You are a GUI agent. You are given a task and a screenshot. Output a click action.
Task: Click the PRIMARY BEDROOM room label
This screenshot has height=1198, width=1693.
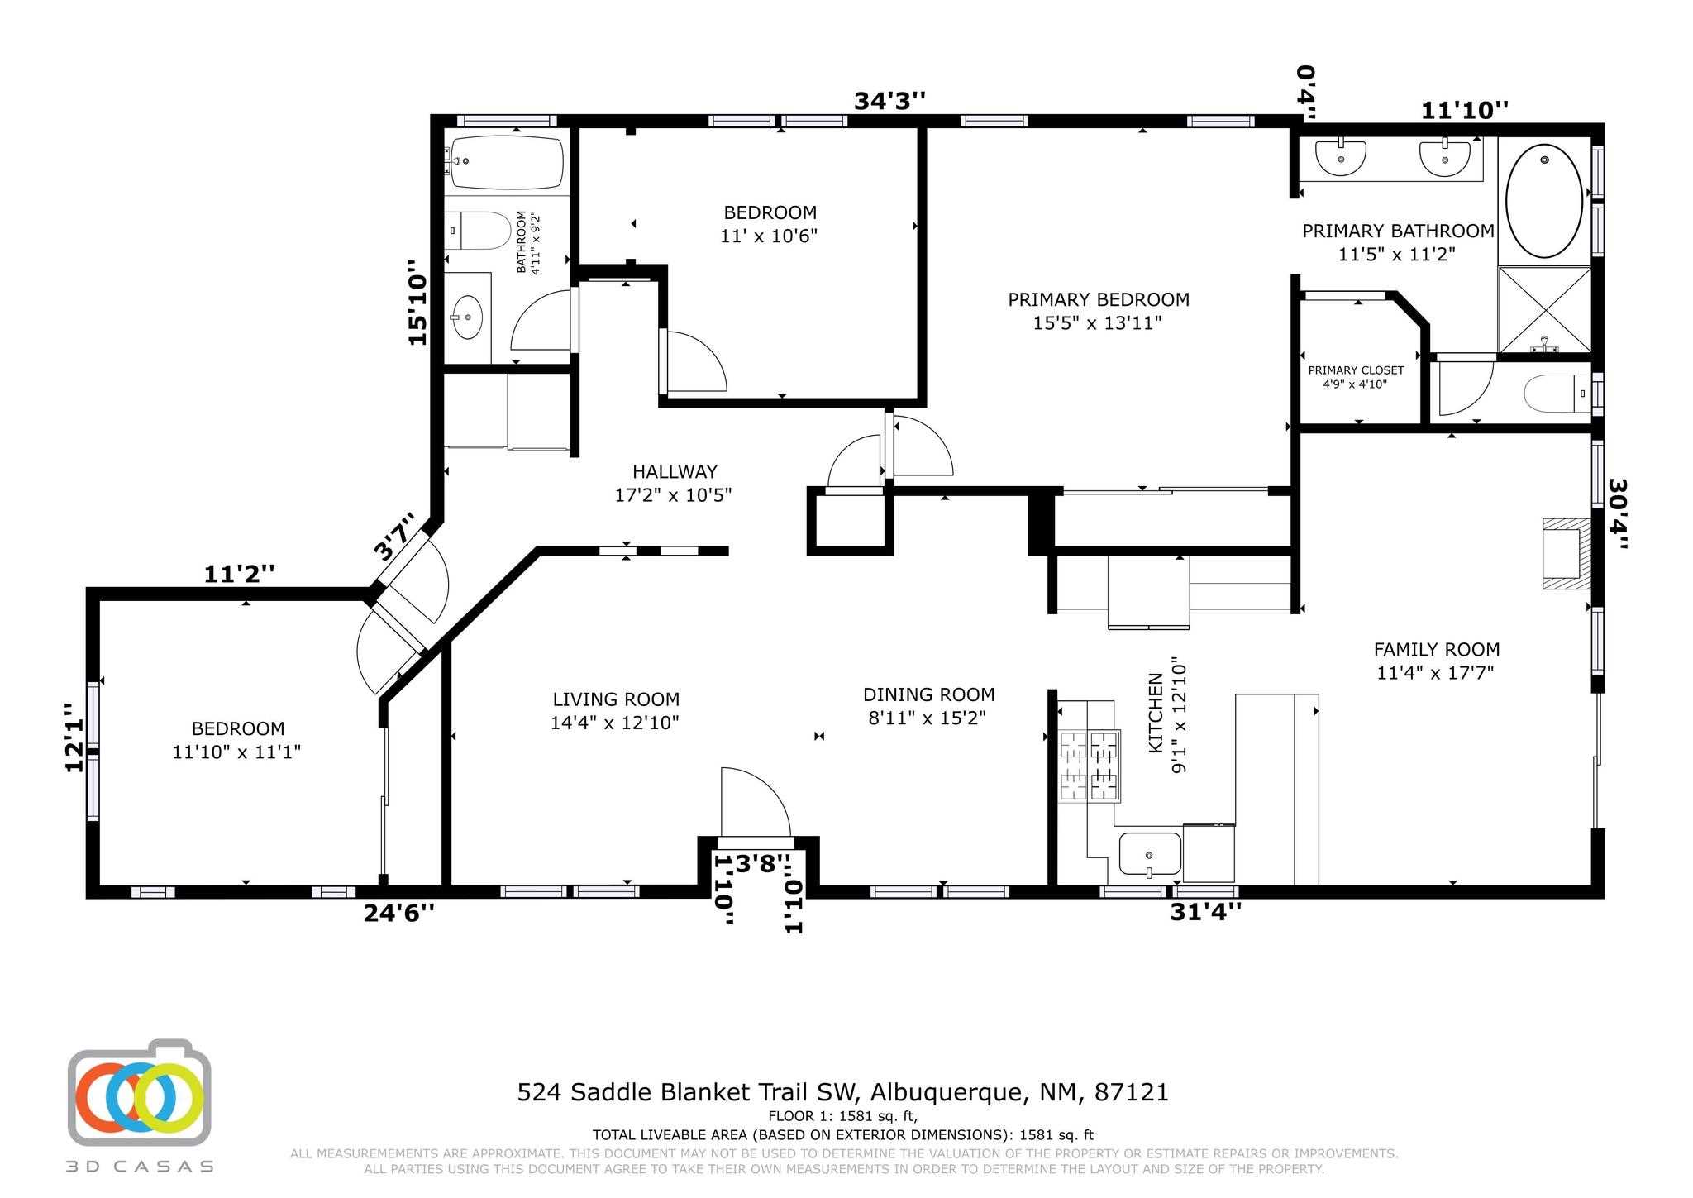(1098, 300)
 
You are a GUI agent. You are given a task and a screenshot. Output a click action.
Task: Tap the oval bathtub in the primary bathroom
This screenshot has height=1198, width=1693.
(1543, 201)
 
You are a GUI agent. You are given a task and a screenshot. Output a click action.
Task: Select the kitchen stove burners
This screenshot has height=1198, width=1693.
(1090, 766)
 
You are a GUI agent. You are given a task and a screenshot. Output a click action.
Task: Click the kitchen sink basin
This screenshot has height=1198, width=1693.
(1150, 853)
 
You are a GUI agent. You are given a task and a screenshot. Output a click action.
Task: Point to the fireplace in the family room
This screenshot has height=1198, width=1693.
(1564, 553)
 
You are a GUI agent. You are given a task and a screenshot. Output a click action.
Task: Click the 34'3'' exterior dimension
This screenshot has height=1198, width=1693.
(889, 101)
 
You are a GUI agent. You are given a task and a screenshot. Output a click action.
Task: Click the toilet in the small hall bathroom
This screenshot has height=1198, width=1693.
(478, 231)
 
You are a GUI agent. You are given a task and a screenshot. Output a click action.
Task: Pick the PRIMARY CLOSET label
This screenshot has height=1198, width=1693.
(1356, 370)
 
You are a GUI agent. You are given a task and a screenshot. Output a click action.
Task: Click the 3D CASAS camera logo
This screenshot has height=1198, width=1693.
(139, 1093)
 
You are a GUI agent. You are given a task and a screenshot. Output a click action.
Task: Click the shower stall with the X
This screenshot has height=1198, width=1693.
(1544, 309)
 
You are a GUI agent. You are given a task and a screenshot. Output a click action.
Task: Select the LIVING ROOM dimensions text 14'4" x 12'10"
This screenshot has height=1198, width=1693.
(615, 723)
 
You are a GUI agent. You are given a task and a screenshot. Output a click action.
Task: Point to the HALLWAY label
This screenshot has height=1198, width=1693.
(675, 472)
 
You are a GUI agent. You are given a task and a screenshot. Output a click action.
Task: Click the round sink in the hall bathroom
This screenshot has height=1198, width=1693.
(467, 317)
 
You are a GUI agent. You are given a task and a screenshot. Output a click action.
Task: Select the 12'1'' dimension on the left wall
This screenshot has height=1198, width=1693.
(75, 737)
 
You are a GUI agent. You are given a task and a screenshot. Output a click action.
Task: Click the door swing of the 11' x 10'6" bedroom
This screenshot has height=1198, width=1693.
(694, 365)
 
